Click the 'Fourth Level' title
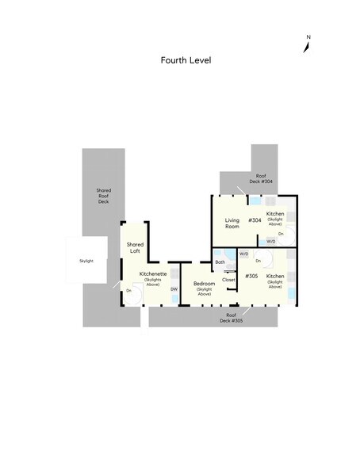coord(186,60)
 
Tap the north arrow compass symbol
coord(308,46)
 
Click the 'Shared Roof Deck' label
coord(103,196)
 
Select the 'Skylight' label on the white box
coord(86,261)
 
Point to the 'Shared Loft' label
coord(135,247)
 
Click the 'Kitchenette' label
coord(153,273)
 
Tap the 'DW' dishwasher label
coord(173,289)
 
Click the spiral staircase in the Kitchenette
coord(134,293)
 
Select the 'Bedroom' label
coord(205,283)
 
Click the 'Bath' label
coord(220,262)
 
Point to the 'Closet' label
coord(228,280)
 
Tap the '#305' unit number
coord(251,276)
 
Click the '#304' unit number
coord(255,220)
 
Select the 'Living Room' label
coord(232,223)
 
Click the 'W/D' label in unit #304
coord(270,241)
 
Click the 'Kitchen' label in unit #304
coord(275,214)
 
